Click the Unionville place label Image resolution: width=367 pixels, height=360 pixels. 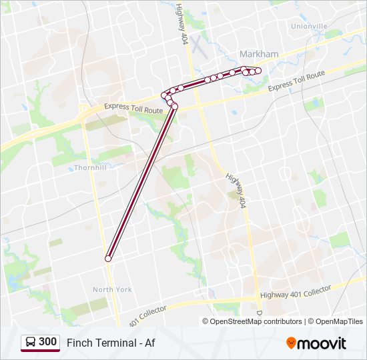tap(309, 26)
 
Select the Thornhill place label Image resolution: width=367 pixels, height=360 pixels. tap(90, 168)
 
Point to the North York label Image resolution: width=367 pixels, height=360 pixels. tap(112, 289)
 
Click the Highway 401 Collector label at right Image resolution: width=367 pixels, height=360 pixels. tap(295, 293)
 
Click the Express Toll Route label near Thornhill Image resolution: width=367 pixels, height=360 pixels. tap(133, 107)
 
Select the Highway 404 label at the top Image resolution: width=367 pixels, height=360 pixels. tap(182, 26)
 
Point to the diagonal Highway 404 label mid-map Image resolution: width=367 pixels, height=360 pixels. tap(236, 191)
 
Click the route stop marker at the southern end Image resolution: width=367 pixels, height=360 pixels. tap(108, 259)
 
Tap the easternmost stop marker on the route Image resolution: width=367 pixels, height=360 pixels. tap(258, 71)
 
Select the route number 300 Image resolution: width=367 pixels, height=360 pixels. tap(48, 342)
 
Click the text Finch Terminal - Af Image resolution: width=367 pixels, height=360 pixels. tap(111, 343)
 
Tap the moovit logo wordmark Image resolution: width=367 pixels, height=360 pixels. tap(323, 343)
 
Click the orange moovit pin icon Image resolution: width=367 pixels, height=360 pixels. tap(291, 343)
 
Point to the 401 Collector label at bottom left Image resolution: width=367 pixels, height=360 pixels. tap(150, 313)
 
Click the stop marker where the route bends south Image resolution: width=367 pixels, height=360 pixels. tap(175, 107)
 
